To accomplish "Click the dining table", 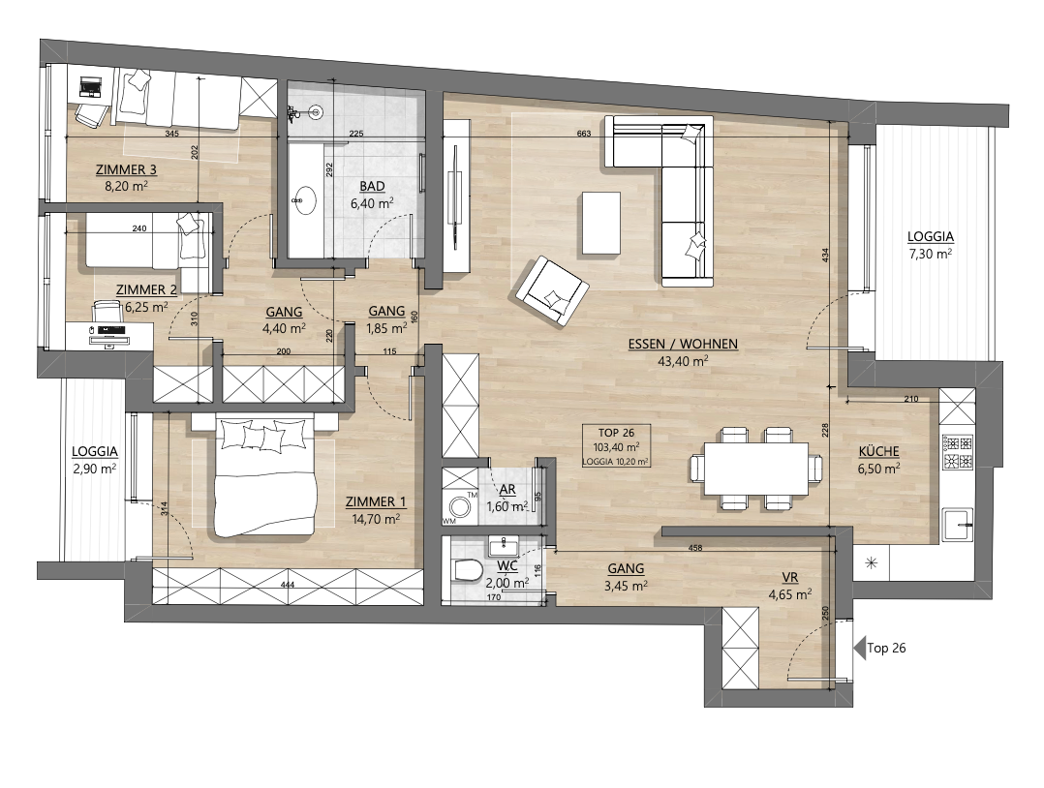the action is tap(756, 469).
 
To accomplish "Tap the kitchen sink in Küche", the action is tap(958, 525).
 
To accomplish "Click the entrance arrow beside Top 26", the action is tap(859, 647).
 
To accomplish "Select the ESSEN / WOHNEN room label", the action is tap(683, 344).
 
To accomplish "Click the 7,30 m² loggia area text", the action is tap(930, 254).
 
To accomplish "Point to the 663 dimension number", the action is tap(583, 134).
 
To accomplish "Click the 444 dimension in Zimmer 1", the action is tap(288, 585).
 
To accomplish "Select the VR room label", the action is tap(789, 578).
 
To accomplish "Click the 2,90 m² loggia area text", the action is tap(95, 469).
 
